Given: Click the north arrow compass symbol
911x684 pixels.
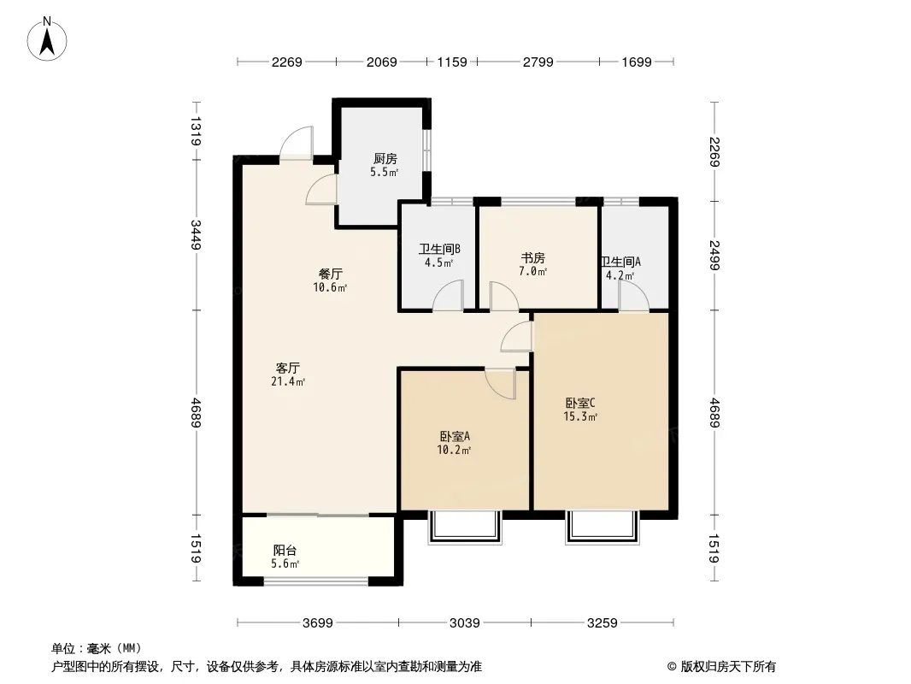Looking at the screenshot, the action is point(47,39).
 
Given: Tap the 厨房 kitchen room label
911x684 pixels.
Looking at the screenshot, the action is point(385,159).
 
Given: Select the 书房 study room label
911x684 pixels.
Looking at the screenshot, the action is point(532,257).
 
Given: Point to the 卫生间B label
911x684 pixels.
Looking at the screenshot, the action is point(440,250).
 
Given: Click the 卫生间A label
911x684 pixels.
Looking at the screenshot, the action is point(620,262).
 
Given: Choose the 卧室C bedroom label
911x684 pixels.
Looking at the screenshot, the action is point(580,403).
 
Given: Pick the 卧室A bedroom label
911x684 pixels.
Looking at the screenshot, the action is point(455,436).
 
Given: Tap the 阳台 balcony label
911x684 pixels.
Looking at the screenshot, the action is point(285,550).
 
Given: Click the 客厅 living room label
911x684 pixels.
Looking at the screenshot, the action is point(288,368).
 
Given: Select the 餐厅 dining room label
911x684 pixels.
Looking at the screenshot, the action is point(330,274).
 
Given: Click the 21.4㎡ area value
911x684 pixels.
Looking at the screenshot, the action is point(288,382).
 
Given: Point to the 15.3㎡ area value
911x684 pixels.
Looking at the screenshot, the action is point(580,416).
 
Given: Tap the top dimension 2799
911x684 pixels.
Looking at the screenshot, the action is point(538,62).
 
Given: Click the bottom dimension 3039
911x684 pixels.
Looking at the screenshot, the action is point(465,623).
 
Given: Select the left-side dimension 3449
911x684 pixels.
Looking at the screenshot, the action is point(196,235).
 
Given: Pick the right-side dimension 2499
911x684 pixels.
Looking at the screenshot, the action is point(714,255).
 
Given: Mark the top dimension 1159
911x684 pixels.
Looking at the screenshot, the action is point(452,62).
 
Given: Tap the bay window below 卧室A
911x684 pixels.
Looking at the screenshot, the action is point(465,528).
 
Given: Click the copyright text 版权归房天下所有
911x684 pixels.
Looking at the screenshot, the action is point(728,667).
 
